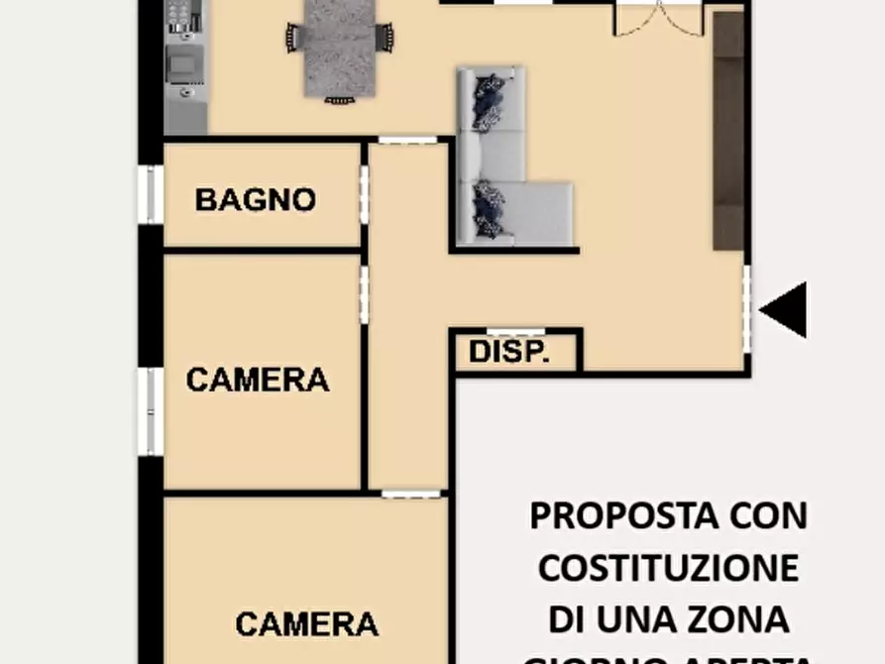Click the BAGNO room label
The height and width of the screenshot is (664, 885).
[x=255, y=199]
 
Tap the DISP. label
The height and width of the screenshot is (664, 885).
[x=508, y=352]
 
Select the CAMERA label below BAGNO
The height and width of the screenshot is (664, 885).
[x=258, y=379]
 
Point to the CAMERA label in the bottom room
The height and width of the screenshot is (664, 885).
[x=306, y=623]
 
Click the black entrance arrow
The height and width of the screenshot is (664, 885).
[x=784, y=309]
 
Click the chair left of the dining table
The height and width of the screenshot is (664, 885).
[x=293, y=38]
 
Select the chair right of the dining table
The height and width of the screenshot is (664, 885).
[x=386, y=37]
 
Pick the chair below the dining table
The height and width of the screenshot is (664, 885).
[x=339, y=99]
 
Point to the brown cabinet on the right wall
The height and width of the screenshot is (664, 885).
[x=728, y=129]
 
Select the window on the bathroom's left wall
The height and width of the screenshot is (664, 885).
[x=152, y=194]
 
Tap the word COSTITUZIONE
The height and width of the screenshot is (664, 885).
[x=668, y=568]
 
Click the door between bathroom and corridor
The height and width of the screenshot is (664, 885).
[x=364, y=194]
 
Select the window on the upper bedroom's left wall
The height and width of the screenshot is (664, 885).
[x=152, y=410]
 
